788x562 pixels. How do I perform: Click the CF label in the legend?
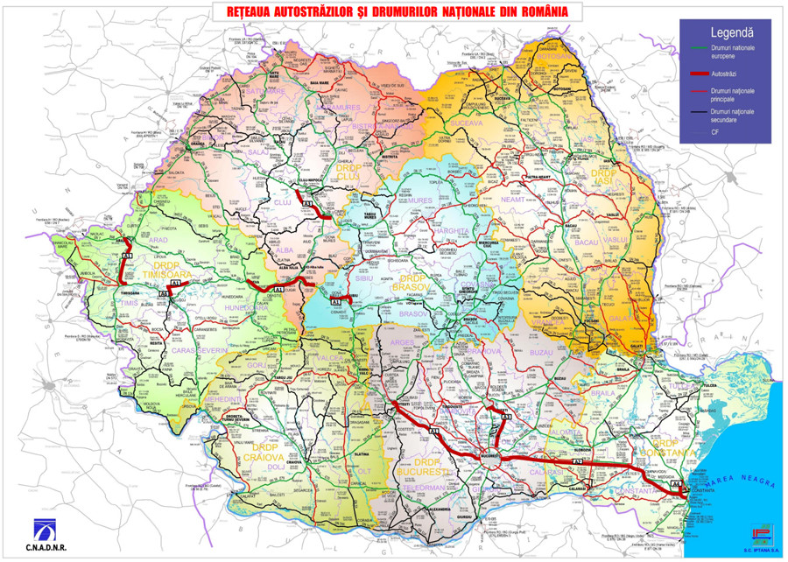coord(716,130)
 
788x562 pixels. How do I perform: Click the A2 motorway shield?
coord(578,460)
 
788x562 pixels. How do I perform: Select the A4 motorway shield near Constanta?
coord(675,483)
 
